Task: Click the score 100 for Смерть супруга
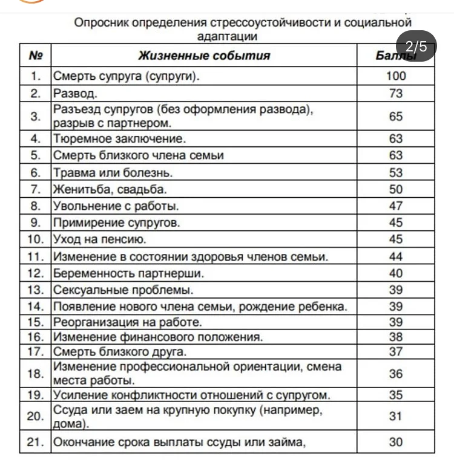(x=395, y=76)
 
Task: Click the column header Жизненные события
(x=204, y=56)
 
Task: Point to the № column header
(x=36, y=56)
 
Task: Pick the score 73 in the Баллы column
(x=395, y=94)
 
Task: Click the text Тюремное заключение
(x=119, y=138)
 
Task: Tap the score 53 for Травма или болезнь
(x=395, y=172)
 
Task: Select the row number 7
(x=36, y=189)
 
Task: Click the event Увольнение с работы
(x=116, y=206)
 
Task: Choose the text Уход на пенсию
(x=99, y=239)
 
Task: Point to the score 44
(x=395, y=256)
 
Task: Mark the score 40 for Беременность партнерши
(x=395, y=273)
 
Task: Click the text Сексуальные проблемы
(x=123, y=290)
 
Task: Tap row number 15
(x=36, y=322)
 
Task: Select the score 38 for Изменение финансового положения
(x=395, y=337)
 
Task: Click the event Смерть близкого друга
(x=120, y=352)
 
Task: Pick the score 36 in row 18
(x=395, y=374)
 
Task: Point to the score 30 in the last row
(x=395, y=442)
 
